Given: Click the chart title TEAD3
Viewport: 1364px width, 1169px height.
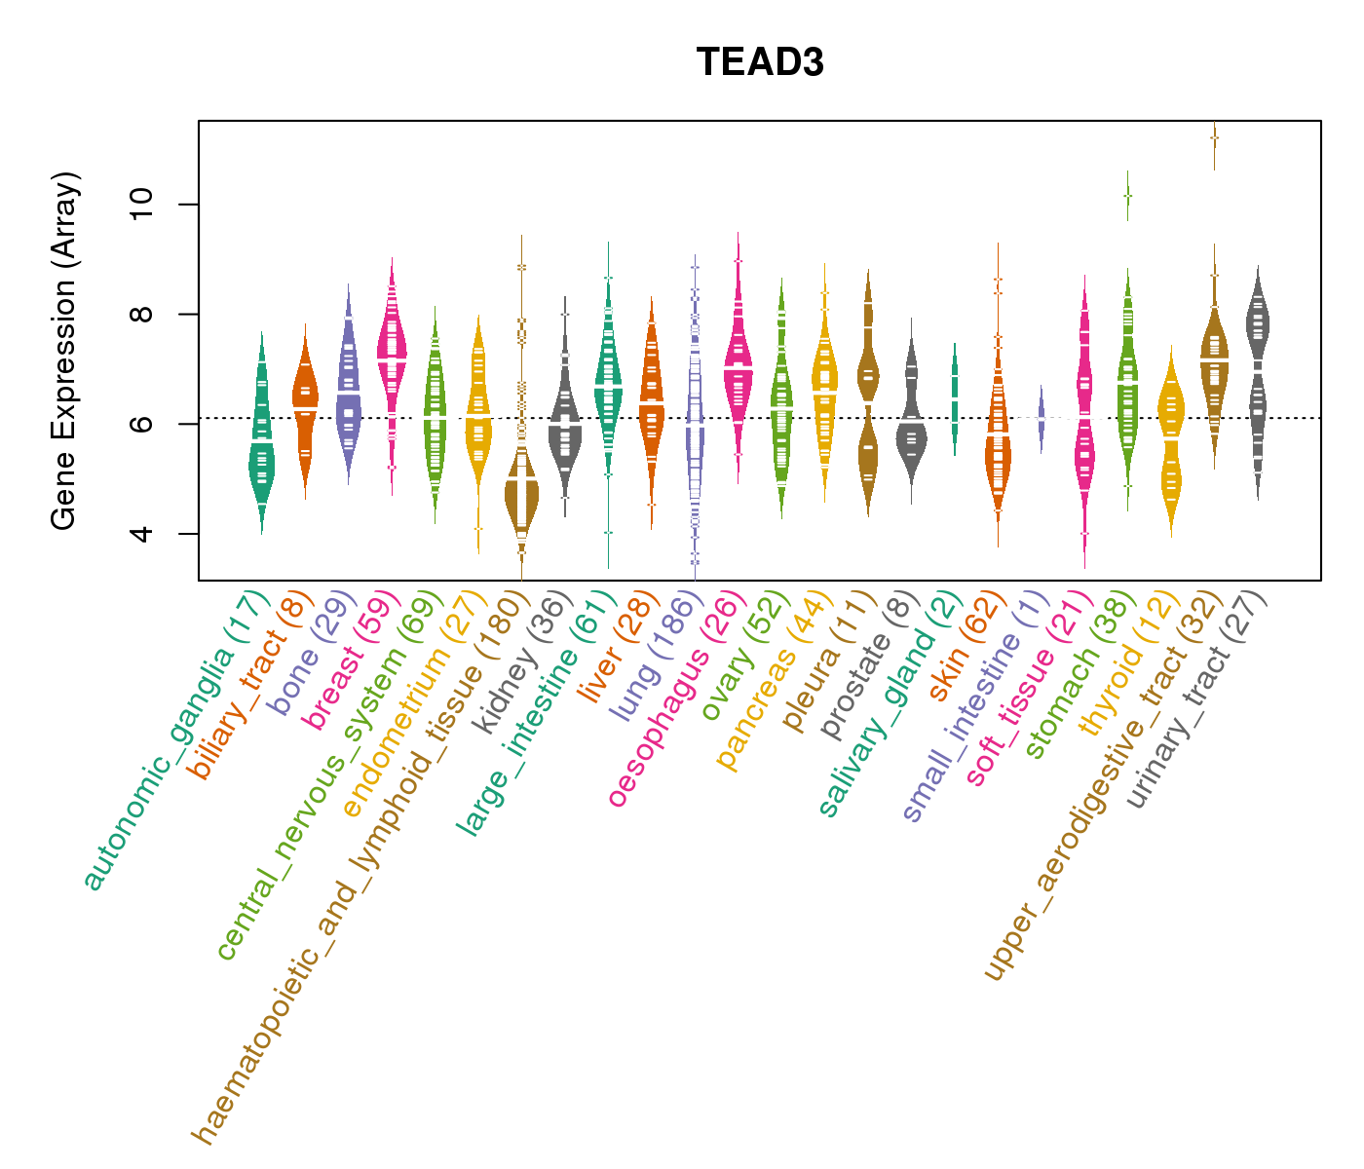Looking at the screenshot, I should click(760, 62).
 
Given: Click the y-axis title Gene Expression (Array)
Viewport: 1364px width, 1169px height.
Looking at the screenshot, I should click(64, 351).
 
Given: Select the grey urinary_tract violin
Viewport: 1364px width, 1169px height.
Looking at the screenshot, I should click(1258, 331).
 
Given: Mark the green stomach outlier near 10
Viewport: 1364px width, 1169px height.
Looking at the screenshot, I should click(1127, 196).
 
